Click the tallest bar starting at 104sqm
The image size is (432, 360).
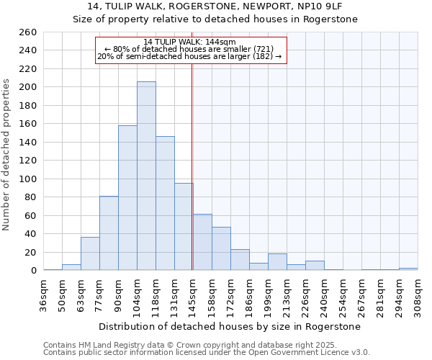pyautogui.click(x=146, y=176)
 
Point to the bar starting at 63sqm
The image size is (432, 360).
pyautogui.click(x=90, y=253)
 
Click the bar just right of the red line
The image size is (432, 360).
pyautogui.click(x=202, y=242)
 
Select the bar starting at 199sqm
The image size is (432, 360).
pyautogui.click(x=277, y=262)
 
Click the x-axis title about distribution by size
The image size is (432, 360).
pyautogui.click(x=230, y=326)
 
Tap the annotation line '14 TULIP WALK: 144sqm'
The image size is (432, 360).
pyautogui.click(x=189, y=42)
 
